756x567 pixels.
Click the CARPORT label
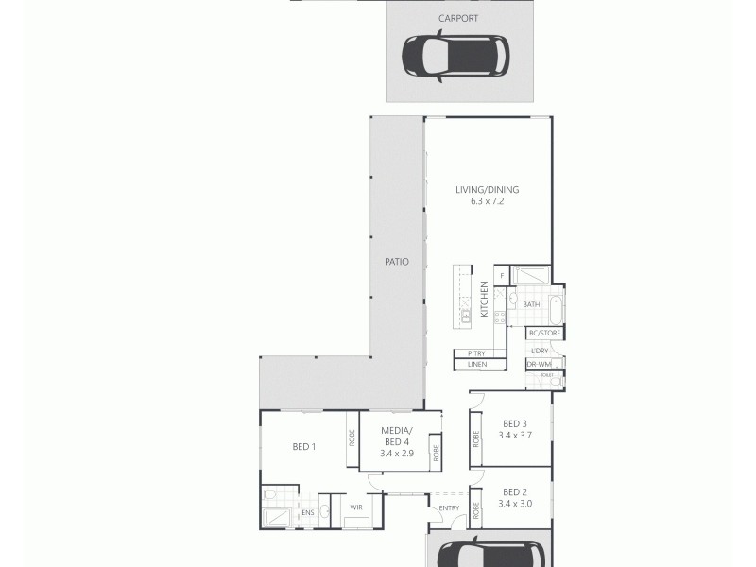coord(458,18)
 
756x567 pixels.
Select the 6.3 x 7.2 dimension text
coord(487,202)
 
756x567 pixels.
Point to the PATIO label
coord(396,261)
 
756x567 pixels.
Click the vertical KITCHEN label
coord(484,300)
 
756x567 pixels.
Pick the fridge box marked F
coord(503,275)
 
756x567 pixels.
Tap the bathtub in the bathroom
coord(556,306)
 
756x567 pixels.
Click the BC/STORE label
coord(544,333)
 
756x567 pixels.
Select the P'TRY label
coord(475,353)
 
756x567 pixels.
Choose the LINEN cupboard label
coord(477,364)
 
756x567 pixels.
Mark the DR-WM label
coord(539,364)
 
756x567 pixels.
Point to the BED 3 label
coord(514,423)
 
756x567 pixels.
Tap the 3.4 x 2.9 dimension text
coord(396,454)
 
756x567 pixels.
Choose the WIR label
coord(356,507)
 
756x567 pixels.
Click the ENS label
coord(307,513)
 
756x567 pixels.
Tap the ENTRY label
coord(448,509)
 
